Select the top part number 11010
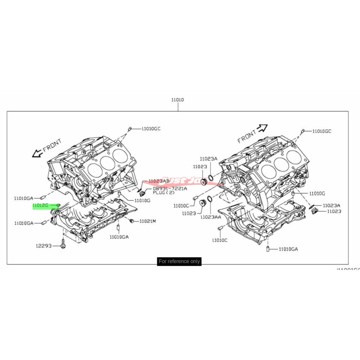[178, 100]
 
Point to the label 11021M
[147, 221]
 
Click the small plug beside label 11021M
[131, 221]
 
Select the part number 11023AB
[159, 181]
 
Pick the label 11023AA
[211, 217]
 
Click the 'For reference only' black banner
[179, 261]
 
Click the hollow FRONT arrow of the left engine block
[37, 153]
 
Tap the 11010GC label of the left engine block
[151, 129]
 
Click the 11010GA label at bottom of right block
[288, 249]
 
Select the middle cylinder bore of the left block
[107, 162]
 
